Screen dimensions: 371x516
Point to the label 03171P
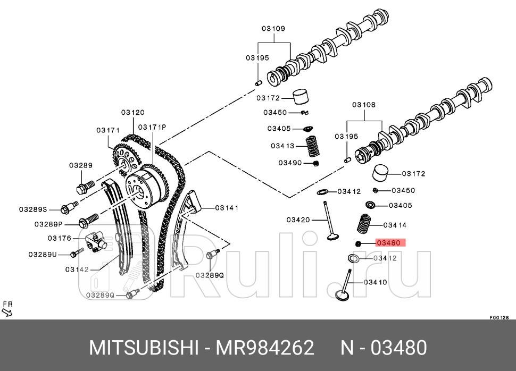152,127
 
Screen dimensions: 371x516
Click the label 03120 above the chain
132,112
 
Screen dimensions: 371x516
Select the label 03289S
34,209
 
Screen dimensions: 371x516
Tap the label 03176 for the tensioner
60,238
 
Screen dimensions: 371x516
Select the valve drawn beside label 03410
344,284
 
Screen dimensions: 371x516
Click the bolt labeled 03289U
78,251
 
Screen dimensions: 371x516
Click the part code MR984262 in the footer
264,348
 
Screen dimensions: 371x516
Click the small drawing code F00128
499,317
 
